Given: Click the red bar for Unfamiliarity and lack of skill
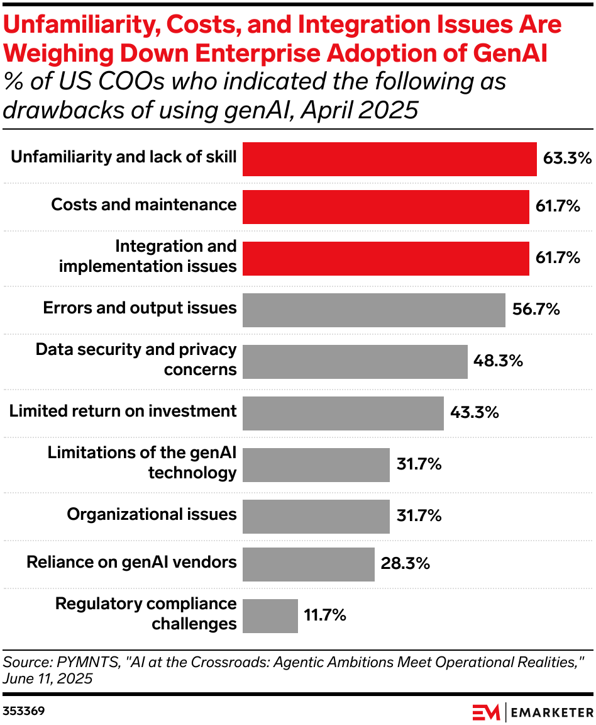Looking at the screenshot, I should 389,159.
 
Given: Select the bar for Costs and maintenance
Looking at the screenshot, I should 385,206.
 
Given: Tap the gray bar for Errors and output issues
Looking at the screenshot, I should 373,310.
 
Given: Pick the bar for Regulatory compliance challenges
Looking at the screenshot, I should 270,615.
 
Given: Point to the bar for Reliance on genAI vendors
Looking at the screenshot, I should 308,564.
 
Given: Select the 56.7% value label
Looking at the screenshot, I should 534,309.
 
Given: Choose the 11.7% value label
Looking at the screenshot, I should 325,615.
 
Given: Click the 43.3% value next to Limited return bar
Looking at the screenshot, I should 474,412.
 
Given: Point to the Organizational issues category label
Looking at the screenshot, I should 152,514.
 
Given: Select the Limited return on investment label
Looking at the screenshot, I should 123,411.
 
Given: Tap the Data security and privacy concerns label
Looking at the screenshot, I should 136,359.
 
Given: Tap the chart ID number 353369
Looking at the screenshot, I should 23,712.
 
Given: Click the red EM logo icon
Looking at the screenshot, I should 486,712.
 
